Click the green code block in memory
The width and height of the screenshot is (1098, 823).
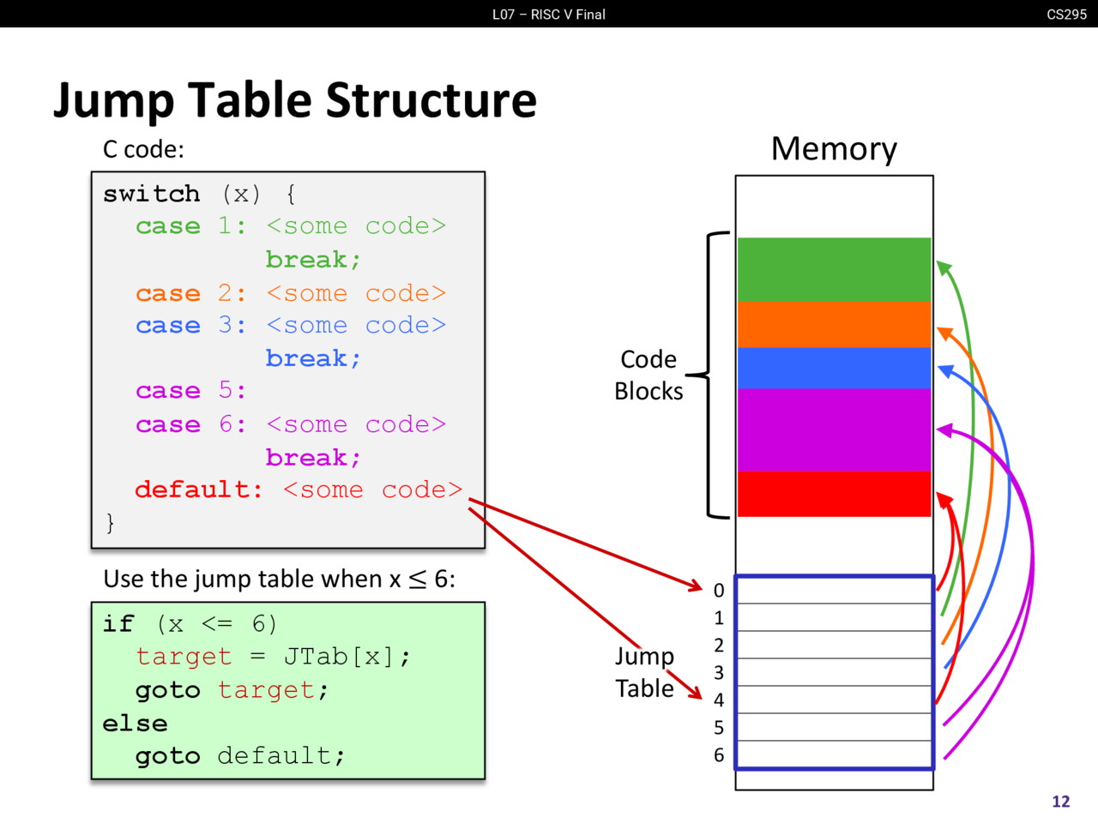click(834, 269)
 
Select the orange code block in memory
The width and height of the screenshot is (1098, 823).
click(834, 324)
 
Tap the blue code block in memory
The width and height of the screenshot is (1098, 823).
click(834, 368)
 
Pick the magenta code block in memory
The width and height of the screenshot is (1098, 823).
click(834, 430)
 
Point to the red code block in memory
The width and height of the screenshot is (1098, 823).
click(834, 494)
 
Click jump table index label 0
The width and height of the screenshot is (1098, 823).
click(719, 591)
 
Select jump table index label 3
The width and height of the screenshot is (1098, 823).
click(719, 673)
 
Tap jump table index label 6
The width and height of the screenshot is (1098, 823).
click(719, 755)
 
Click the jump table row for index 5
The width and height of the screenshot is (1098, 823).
click(834, 727)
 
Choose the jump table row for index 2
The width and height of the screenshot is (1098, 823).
click(834, 645)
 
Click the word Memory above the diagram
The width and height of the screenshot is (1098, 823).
click(834, 149)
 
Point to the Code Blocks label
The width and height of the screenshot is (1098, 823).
click(649, 375)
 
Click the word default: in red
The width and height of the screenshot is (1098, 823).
click(199, 490)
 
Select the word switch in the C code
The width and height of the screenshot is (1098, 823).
click(152, 194)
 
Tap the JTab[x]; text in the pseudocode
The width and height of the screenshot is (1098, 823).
click(347, 657)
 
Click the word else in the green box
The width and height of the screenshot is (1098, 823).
click(135, 724)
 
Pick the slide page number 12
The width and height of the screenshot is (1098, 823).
click(1061, 802)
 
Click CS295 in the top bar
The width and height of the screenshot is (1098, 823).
click(1066, 14)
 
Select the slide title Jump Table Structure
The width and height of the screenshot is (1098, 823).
click(295, 100)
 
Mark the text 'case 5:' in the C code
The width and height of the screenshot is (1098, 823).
click(190, 391)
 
